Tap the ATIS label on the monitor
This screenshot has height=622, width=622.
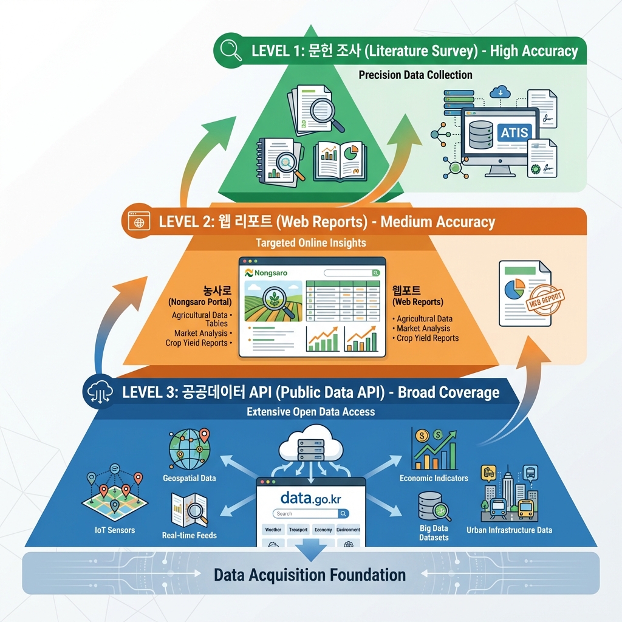(514, 132)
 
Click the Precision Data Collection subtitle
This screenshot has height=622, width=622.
(415, 75)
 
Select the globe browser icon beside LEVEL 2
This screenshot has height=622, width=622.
(139, 221)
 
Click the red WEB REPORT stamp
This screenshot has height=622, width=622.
(543, 299)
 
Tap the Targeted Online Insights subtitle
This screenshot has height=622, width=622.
(310, 243)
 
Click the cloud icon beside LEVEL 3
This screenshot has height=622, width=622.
(98, 391)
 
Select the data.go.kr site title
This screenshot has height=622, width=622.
(311, 499)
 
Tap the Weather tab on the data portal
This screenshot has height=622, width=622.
(273, 530)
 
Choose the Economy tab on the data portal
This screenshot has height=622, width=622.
(323, 530)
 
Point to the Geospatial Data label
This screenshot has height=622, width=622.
(190, 478)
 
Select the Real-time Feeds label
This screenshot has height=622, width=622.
(190, 535)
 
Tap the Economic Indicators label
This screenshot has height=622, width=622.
(434, 478)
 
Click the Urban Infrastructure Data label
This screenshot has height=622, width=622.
(509, 530)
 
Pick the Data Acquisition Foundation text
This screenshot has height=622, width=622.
(310, 574)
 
